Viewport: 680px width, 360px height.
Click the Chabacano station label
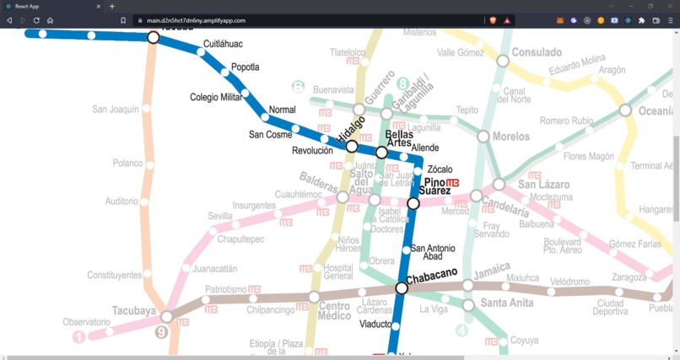click(x=431, y=273)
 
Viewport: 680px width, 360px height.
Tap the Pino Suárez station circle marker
click(x=413, y=203)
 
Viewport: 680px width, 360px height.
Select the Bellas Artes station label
click(x=398, y=138)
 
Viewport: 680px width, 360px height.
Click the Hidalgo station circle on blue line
click(x=352, y=147)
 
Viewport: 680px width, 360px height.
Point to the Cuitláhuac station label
click(x=223, y=44)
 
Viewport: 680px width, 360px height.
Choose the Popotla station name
click(x=245, y=67)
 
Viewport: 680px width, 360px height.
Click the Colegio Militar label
click(x=216, y=97)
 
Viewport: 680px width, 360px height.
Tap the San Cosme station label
click(x=270, y=134)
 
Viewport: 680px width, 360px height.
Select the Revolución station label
click(x=312, y=151)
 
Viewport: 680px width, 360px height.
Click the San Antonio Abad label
click(x=433, y=252)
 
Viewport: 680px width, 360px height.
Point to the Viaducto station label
click(x=375, y=324)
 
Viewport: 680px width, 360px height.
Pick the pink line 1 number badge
click(x=79, y=337)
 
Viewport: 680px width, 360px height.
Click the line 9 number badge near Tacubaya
click(x=162, y=332)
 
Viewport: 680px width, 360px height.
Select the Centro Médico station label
click(x=334, y=311)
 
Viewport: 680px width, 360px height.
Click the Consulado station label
click(x=537, y=52)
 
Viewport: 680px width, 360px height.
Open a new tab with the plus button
click(x=112, y=6)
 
